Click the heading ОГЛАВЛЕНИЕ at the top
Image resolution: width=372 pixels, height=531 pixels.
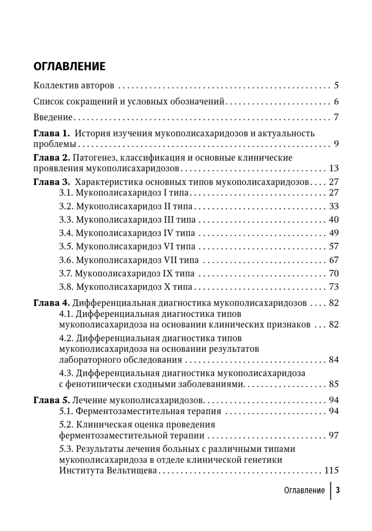click(x=69, y=66)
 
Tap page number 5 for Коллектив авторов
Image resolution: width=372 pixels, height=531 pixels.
click(x=336, y=85)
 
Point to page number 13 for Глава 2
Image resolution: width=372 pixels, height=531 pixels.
click(x=333, y=168)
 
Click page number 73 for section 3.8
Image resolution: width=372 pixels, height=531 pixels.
click(x=333, y=287)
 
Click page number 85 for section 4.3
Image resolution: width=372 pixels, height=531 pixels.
click(x=333, y=384)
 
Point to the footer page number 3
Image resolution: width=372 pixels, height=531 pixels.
click(x=338, y=490)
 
